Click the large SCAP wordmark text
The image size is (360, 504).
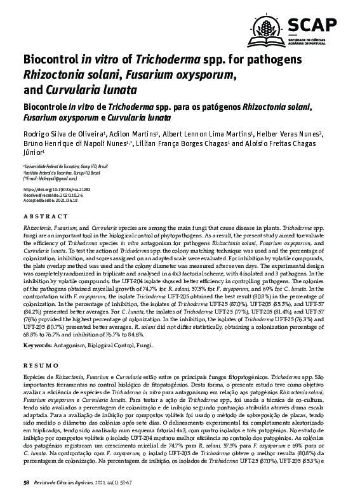(x=314, y=25)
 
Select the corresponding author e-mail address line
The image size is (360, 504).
(x=50, y=178)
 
